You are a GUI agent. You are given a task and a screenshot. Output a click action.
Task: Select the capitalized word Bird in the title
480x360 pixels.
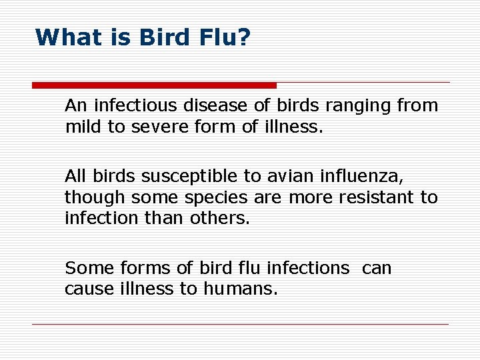(166, 37)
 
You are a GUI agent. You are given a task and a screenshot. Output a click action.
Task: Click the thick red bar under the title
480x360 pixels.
(154, 85)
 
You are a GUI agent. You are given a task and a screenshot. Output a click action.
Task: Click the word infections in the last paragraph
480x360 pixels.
(307, 268)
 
